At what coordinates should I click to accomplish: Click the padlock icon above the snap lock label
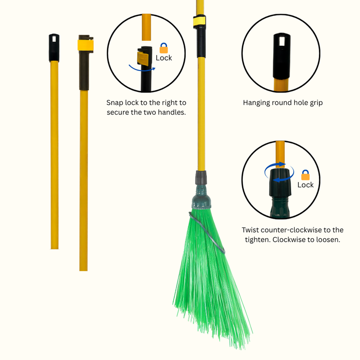tap(164, 48)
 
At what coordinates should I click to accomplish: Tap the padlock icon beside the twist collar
tap(305, 175)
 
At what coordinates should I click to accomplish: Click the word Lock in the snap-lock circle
tap(164, 58)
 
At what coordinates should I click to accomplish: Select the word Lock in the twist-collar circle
tap(305, 185)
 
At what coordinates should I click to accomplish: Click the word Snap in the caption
tap(115, 103)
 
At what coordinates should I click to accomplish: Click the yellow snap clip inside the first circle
tap(143, 58)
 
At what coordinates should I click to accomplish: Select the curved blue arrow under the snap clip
tap(142, 68)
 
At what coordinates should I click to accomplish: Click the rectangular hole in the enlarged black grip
tap(282, 41)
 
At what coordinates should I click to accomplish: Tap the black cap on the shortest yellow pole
tap(54, 48)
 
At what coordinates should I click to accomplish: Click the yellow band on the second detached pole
tap(85, 45)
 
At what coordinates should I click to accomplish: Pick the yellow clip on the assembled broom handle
tap(199, 21)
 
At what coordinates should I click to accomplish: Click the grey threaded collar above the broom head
tap(201, 177)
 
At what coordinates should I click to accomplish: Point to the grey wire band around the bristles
tap(207, 232)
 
